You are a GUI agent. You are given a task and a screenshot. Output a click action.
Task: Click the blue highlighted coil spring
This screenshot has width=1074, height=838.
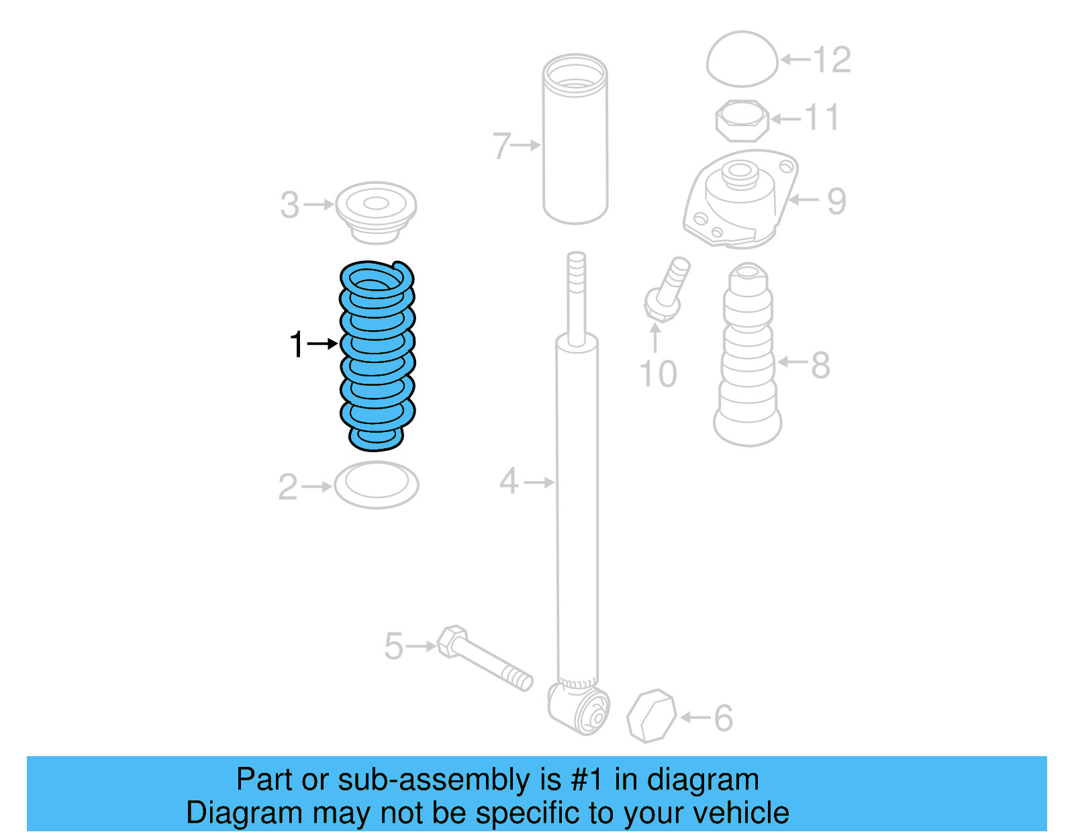click(377, 356)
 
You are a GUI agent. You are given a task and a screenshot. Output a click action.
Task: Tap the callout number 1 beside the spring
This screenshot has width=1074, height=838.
click(297, 344)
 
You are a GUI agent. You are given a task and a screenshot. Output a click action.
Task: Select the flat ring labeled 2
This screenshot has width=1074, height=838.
click(377, 484)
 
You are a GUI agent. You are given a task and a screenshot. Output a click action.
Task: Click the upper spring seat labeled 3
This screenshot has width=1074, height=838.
click(376, 211)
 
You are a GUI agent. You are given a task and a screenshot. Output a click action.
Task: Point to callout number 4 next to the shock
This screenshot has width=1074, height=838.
click(508, 482)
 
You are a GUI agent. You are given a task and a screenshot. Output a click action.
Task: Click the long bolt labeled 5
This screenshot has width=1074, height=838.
click(485, 659)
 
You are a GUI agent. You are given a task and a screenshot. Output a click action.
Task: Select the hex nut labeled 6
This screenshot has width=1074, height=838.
click(650, 716)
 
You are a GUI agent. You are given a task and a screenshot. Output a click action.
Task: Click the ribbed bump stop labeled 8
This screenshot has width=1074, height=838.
click(748, 362)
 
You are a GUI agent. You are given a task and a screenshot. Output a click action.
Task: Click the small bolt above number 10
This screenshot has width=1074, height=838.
click(667, 289)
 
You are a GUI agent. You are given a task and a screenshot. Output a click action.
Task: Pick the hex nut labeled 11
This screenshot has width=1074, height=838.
click(742, 121)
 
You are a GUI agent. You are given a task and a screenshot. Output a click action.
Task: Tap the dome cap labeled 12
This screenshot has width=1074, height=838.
click(742, 59)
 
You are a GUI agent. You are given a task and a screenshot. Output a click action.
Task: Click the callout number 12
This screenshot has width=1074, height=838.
click(832, 60)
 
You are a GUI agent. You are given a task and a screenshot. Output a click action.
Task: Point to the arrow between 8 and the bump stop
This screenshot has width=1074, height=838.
click(792, 362)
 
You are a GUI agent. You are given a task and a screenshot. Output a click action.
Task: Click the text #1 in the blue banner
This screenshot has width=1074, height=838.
click(587, 780)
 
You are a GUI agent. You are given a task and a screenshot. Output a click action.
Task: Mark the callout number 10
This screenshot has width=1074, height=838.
click(658, 374)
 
